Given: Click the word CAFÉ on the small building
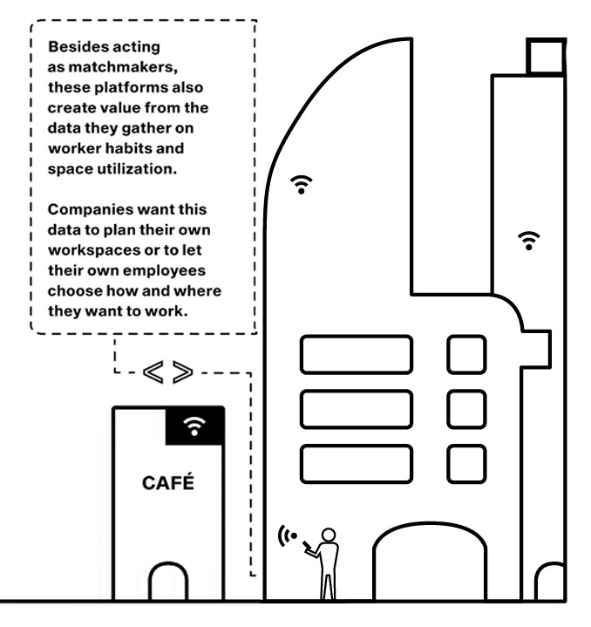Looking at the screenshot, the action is pos(168,482).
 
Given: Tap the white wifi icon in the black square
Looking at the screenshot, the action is pos(194,426).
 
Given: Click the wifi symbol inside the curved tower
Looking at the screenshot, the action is pos(302,184).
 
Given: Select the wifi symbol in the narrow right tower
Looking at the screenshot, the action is pos(528,241).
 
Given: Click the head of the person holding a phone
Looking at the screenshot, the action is pos(329,535).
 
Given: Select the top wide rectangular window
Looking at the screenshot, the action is pos(357,355).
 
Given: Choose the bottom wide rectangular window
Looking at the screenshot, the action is pos(357,464).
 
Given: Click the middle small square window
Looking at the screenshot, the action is pos(466,410).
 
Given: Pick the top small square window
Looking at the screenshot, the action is pos(466,355).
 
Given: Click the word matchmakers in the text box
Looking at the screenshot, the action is pos(123,67).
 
